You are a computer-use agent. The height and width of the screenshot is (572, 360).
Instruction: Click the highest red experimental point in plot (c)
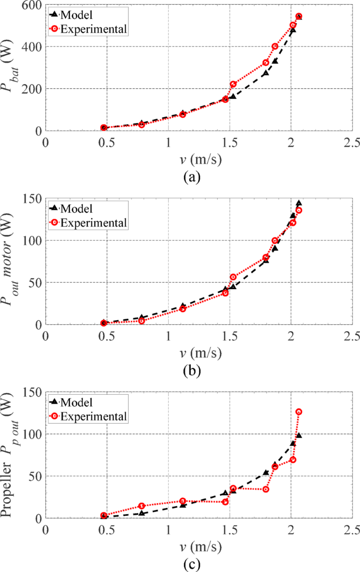tap(299, 412)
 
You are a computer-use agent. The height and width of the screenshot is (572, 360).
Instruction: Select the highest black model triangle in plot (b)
tap(299, 203)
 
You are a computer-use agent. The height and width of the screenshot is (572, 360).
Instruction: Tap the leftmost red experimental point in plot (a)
tap(104, 128)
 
